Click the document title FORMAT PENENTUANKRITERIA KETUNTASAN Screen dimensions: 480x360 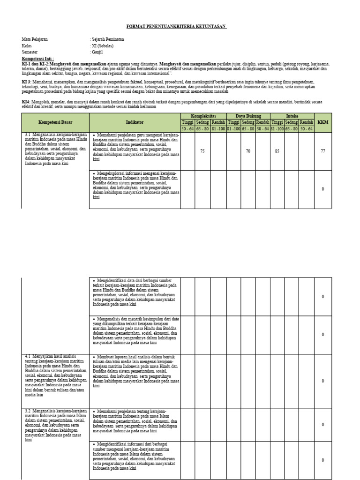177,27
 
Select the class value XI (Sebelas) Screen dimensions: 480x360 103,46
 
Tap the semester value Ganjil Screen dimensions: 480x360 99,52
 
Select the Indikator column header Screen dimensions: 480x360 135,122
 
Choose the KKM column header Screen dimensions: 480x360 323,122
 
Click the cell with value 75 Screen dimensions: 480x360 202,151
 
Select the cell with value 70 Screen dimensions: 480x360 248,151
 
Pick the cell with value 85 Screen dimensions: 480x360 277,151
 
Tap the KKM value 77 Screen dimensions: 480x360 323,151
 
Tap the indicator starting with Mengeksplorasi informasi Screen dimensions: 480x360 135,185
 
